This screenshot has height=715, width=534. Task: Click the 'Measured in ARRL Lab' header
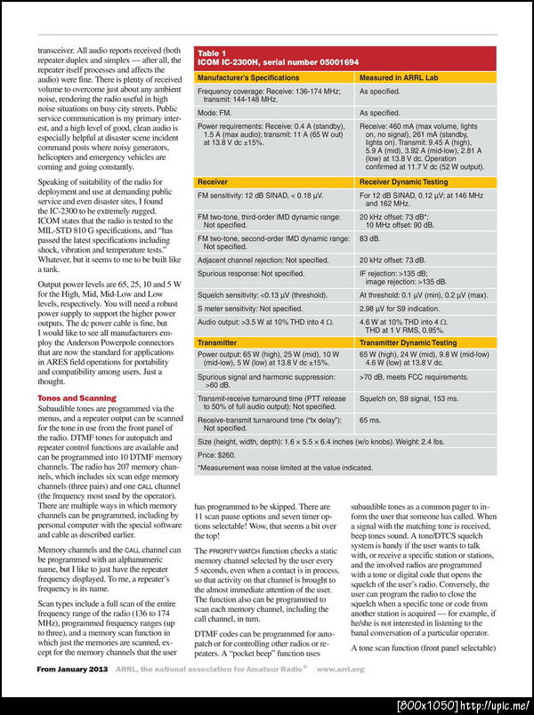click(400, 78)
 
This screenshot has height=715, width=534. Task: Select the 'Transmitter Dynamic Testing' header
click(408, 341)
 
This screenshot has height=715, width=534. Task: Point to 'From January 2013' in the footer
click(68, 694)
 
